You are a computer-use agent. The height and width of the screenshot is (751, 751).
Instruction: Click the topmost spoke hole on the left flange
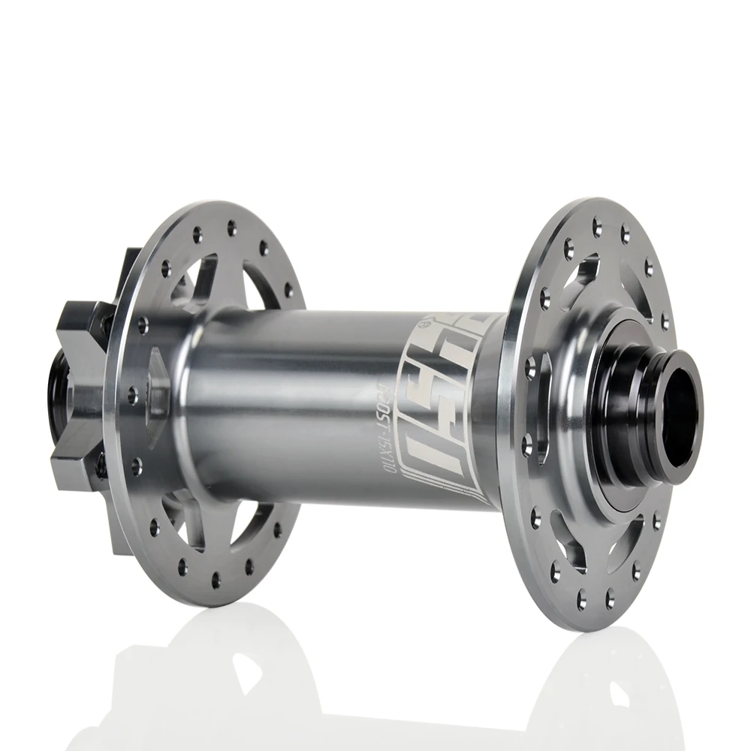point(231,224)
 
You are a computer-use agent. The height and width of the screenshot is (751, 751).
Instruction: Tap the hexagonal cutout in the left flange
point(158,375)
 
